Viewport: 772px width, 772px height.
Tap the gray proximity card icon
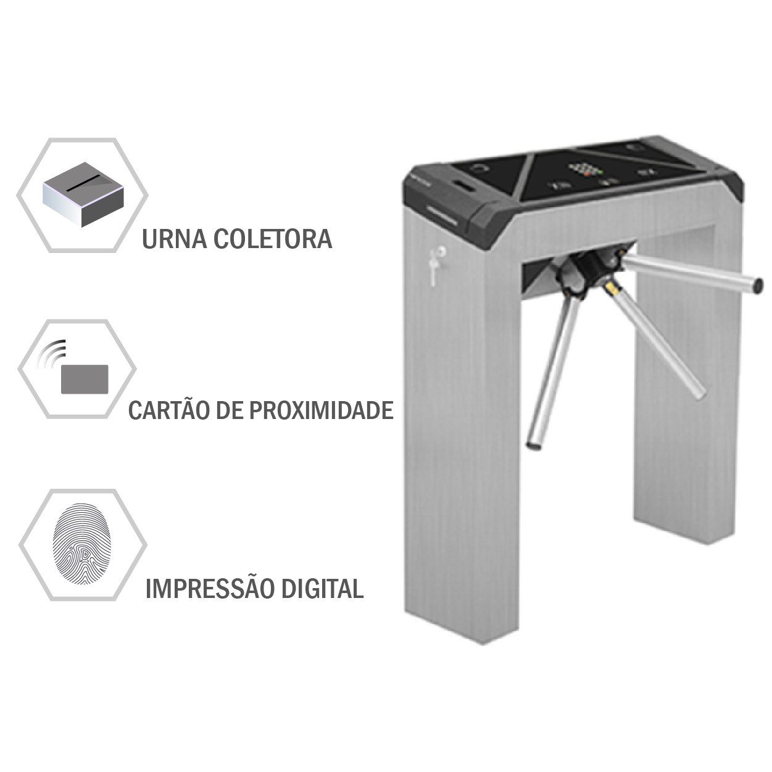[85, 379]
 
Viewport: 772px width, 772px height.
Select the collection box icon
[83, 194]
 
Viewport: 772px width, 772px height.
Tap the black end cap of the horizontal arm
[757, 285]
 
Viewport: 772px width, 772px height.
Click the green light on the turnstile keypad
[600, 172]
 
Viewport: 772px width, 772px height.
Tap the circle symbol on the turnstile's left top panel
[479, 168]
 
